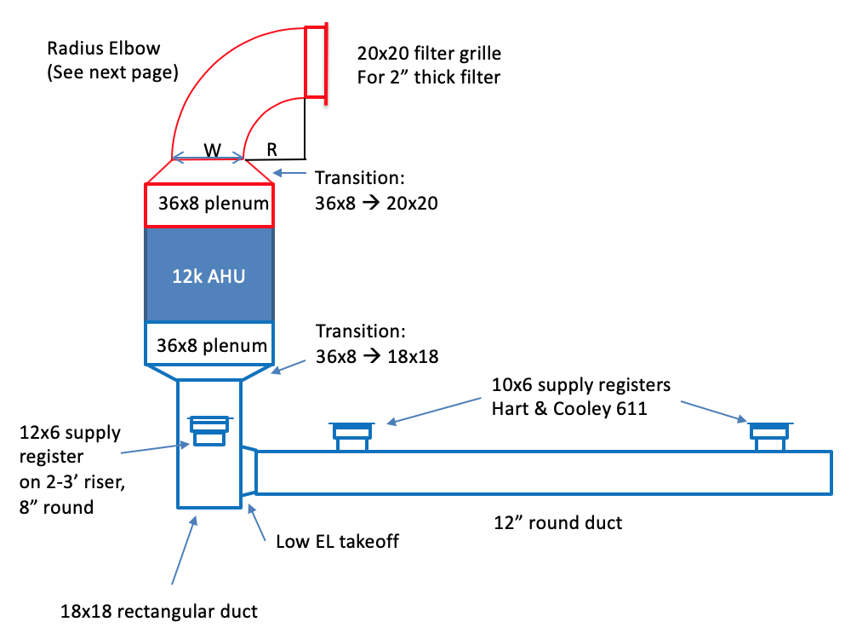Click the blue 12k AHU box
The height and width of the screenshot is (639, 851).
pyautogui.click(x=209, y=275)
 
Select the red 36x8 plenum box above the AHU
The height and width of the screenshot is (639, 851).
pyautogui.click(x=209, y=204)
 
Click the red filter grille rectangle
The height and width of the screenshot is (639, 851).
pyautogui.click(x=315, y=61)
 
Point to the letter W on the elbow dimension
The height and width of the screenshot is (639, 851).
pyautogui.click(x=212, y=150)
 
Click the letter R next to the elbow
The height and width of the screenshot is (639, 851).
pyautogui.click(x=271, y=149)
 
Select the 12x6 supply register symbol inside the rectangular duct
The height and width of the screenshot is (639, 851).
pyautogui.click(x=208, y=430)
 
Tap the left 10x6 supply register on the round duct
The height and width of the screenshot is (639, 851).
pyautogui.click(x=351, y=435)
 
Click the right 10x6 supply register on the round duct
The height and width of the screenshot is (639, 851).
pyautogui.click(x=771, y=435)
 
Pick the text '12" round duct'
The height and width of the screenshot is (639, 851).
pyautogui.click(x=558, y=522)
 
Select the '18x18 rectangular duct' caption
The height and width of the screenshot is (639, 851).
pyautogui.click(x=158, y=611)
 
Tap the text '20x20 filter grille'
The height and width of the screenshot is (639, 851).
pyautogui.click(x=429, y=54)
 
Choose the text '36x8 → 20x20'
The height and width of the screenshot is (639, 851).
pyautogui.click(x=376, y=204)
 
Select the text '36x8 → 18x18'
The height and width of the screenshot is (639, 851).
pyautogui.click(x=376, y=356)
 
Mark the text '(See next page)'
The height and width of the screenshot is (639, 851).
pyautogui.click(x=112, y=72)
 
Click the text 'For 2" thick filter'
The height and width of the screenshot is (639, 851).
pyautogui.click(x=427, y=78)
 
